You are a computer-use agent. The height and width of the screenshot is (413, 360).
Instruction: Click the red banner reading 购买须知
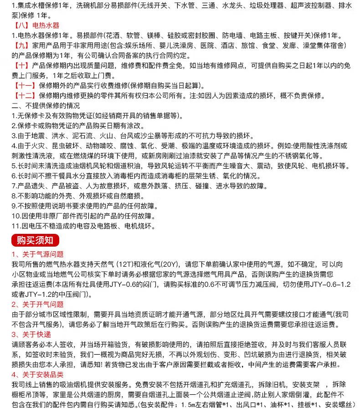(x=35, y=240)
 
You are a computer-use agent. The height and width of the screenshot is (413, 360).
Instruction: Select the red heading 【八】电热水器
(x=35, y=26)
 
